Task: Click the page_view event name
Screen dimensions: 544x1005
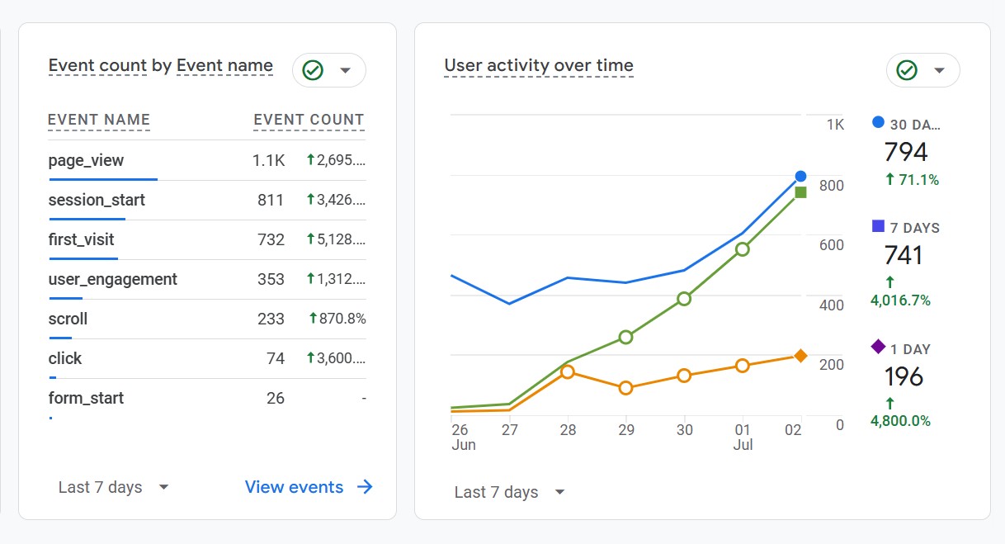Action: pos(86,160)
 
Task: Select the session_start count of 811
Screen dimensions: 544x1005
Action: pos(271,200)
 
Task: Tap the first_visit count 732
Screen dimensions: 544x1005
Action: pos(271,239)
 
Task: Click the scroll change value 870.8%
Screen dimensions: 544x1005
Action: pos(337,319)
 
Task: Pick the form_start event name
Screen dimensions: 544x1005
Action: pos(86,398)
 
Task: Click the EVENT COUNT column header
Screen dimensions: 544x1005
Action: pos(309,120)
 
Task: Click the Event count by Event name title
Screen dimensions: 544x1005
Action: pos(160,66)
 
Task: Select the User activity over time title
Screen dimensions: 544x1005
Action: pos(539,66)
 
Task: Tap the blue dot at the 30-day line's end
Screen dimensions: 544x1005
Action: pos(800,176)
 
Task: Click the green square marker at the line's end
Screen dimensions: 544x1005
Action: pos(800,192)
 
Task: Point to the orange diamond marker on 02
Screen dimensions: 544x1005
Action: pos(800,356)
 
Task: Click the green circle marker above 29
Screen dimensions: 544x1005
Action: pos(625,337)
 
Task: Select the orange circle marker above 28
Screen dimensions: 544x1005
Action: pos(567,371)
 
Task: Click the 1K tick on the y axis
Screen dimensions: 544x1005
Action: pos(835,125)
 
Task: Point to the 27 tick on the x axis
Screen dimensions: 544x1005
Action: pos(509,430)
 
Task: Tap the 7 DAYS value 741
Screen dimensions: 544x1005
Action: pos(903,255)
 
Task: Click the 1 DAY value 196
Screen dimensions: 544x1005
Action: pos(904,376)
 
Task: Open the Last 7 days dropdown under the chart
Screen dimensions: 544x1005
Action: pos(510,492)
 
